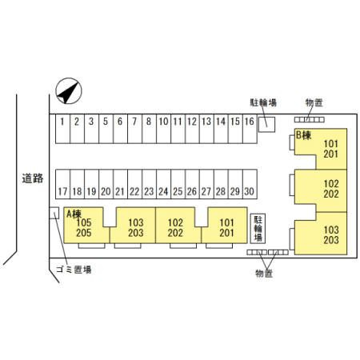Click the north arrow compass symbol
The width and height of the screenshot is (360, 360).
(x=69, y=91)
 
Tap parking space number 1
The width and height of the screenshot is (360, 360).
(x=62, y=129)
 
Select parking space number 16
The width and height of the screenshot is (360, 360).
(x=250, y=129)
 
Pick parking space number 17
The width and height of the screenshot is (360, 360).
(x=62, y=184)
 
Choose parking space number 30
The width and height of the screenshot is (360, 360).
(x=250, y=184)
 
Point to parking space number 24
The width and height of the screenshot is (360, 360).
(x=163, y=184)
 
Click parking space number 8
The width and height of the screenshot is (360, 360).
(x=149, y=129)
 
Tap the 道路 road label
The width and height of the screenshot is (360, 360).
(x=33, y=178)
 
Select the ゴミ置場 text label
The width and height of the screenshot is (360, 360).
(x=74, y=270)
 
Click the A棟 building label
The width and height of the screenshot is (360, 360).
(x=74, y=214)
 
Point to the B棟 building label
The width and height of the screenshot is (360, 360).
(x=303, y=135)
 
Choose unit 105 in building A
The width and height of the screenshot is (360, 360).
(x=84, y=222)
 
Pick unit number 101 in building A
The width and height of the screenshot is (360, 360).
(x=226, y=222)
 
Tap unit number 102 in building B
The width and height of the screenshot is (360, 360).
(x=331, y=184)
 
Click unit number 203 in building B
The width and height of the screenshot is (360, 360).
(x=331, y=240)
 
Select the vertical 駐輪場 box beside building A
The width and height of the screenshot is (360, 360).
(x=258, y=228)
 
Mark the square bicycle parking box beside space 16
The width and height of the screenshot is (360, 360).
(x=266, y=124)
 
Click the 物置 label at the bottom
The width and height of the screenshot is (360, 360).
(x=264, y=274)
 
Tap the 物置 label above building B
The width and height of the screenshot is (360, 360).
(x=314, y=102)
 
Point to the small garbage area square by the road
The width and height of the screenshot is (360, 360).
(x=54, y=213)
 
